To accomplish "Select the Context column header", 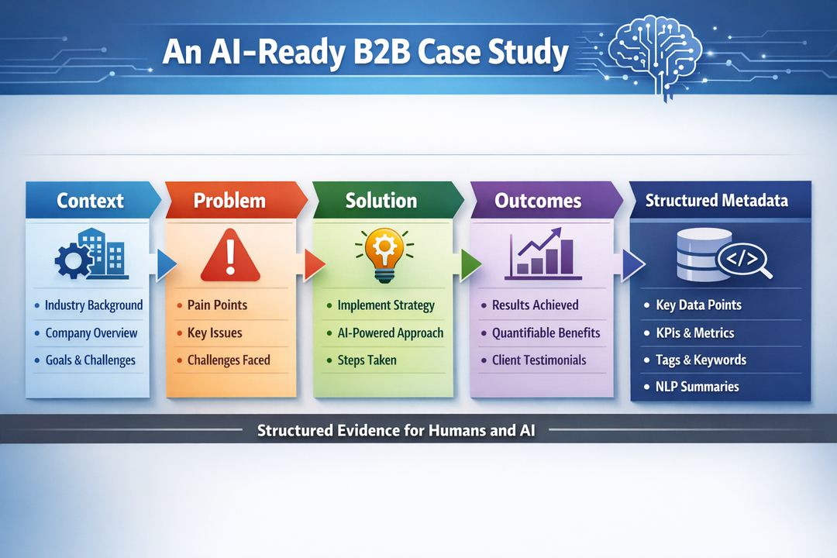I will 90,201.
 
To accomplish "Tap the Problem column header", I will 229,201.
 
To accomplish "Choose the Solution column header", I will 381,201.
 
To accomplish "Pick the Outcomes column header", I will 538,201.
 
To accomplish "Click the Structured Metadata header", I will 716,201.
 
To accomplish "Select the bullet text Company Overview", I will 91,333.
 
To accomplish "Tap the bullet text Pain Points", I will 217,305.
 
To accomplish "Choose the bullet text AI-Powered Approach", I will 391,333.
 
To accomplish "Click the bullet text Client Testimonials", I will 539,360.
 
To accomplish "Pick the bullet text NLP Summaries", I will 697,387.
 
